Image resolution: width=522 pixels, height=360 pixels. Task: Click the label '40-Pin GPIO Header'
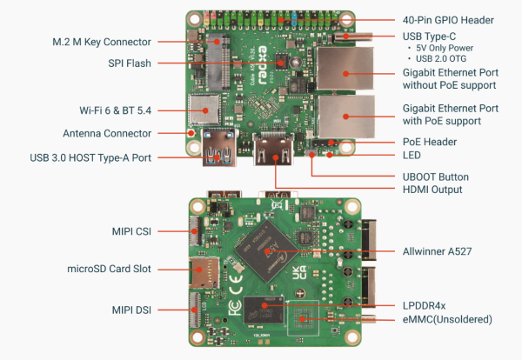click(x=448, y=20)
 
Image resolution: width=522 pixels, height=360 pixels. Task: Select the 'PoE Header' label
click(x=431, y=142)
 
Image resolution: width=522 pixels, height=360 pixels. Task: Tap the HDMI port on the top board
click(x=271, y=151)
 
